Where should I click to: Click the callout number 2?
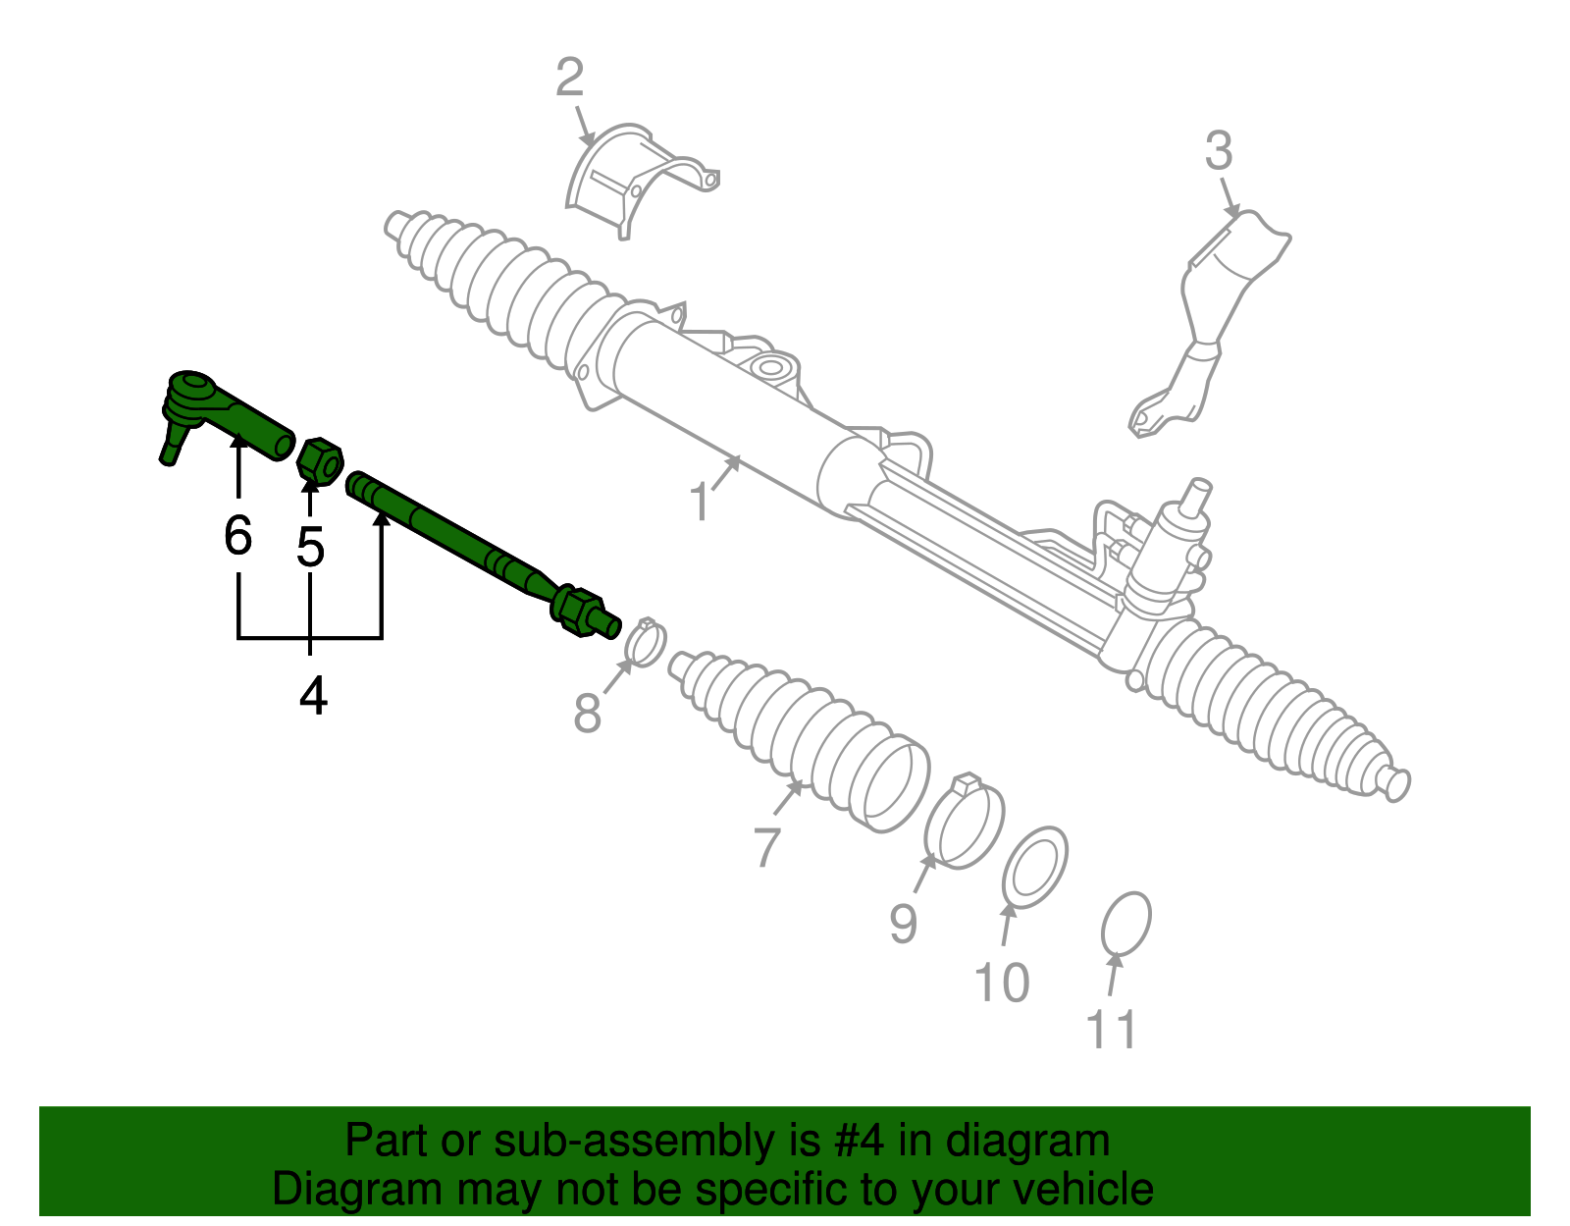pos(569,78)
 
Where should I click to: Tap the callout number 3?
pos(1218,152)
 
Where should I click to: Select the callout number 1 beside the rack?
pos(699,503)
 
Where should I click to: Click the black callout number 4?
pos(312,696)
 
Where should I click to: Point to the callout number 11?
pos(1112,1029)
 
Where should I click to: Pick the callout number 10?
pos(1001,982)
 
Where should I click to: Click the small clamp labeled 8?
pos(645,643)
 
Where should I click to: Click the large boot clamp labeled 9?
pos(964,823)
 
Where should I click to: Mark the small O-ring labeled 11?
pos(1125,924)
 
